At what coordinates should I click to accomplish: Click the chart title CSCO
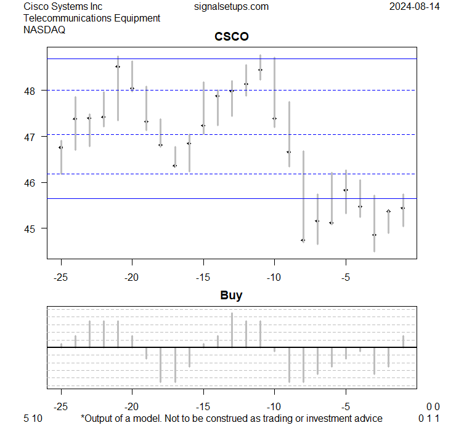[232, 37]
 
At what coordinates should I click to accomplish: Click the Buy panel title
[232, 296]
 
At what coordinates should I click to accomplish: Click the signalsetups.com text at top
[231, 7]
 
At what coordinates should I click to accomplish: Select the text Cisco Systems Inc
[63, 7]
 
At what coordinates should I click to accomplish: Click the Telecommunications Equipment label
[92, 18]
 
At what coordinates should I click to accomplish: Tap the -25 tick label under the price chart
[61, 278]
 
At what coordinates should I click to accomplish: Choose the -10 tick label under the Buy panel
[275, 406]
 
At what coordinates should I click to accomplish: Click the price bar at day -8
[303, 196]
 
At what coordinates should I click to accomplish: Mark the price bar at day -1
[403, 210]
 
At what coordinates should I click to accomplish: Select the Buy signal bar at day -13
[232, 330]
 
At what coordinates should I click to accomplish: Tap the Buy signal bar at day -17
[175, 365]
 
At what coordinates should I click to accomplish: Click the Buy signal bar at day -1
[403, 341]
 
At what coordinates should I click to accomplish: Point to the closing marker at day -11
[260, 70]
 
